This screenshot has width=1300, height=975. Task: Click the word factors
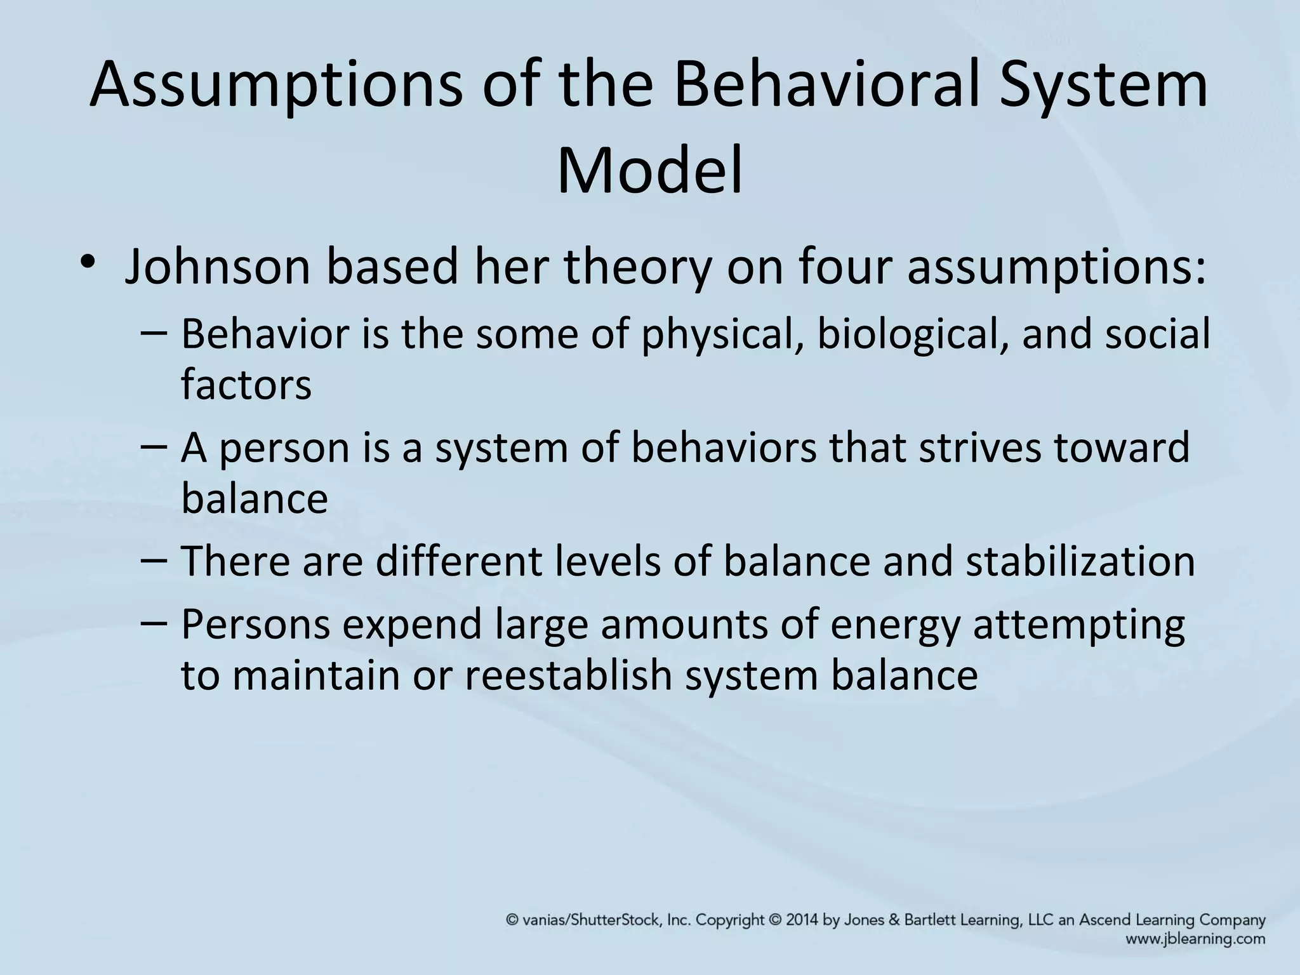246,385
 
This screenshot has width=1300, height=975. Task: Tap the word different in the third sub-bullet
453,561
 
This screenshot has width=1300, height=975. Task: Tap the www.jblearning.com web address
1195,939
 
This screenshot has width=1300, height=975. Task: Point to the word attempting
1078,625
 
